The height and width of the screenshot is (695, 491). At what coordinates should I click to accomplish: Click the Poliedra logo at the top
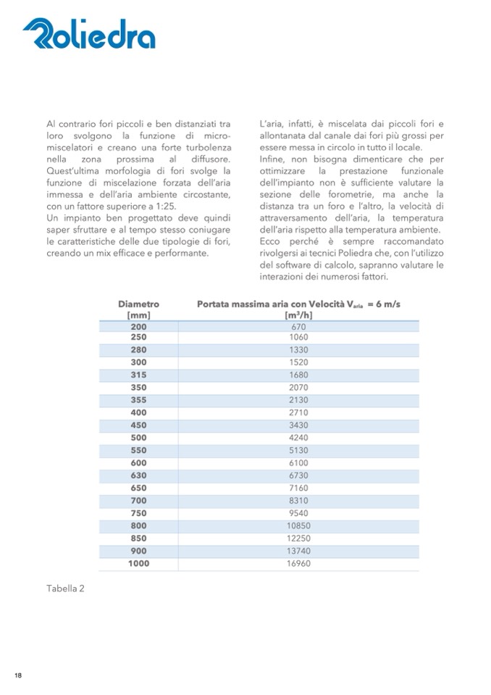(89, 34)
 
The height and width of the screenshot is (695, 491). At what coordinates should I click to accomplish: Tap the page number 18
(18, 675)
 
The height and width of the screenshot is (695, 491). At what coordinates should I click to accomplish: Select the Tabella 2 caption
(65, 588)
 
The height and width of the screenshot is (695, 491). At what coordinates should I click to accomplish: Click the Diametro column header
(138, 304)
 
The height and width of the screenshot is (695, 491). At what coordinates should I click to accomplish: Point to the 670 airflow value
(298, 327)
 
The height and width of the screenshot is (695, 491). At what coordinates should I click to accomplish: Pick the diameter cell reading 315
(138, 375)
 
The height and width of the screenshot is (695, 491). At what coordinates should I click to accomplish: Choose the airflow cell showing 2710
(298, 412)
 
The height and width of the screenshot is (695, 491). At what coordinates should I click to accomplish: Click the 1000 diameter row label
(138, 563)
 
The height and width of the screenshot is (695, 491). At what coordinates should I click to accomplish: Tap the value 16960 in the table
(298, 563)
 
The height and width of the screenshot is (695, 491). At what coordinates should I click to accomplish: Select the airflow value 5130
(298, 450)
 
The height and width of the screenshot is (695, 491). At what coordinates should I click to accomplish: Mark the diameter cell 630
(138, 475)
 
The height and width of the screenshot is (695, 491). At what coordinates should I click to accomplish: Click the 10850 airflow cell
(298, 525)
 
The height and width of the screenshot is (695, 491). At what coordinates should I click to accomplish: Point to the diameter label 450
(138, 425)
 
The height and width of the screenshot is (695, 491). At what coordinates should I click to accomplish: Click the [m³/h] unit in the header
(298, 315)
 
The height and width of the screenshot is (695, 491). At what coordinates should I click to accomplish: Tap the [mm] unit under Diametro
(138, 315)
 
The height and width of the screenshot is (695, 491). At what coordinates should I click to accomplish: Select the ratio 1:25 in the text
(163, 206)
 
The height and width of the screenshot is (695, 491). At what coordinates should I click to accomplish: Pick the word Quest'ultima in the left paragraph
(72, 171)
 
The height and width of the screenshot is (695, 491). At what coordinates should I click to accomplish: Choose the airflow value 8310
(298, 501)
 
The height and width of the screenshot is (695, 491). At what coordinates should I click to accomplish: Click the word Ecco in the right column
(271, 241)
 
